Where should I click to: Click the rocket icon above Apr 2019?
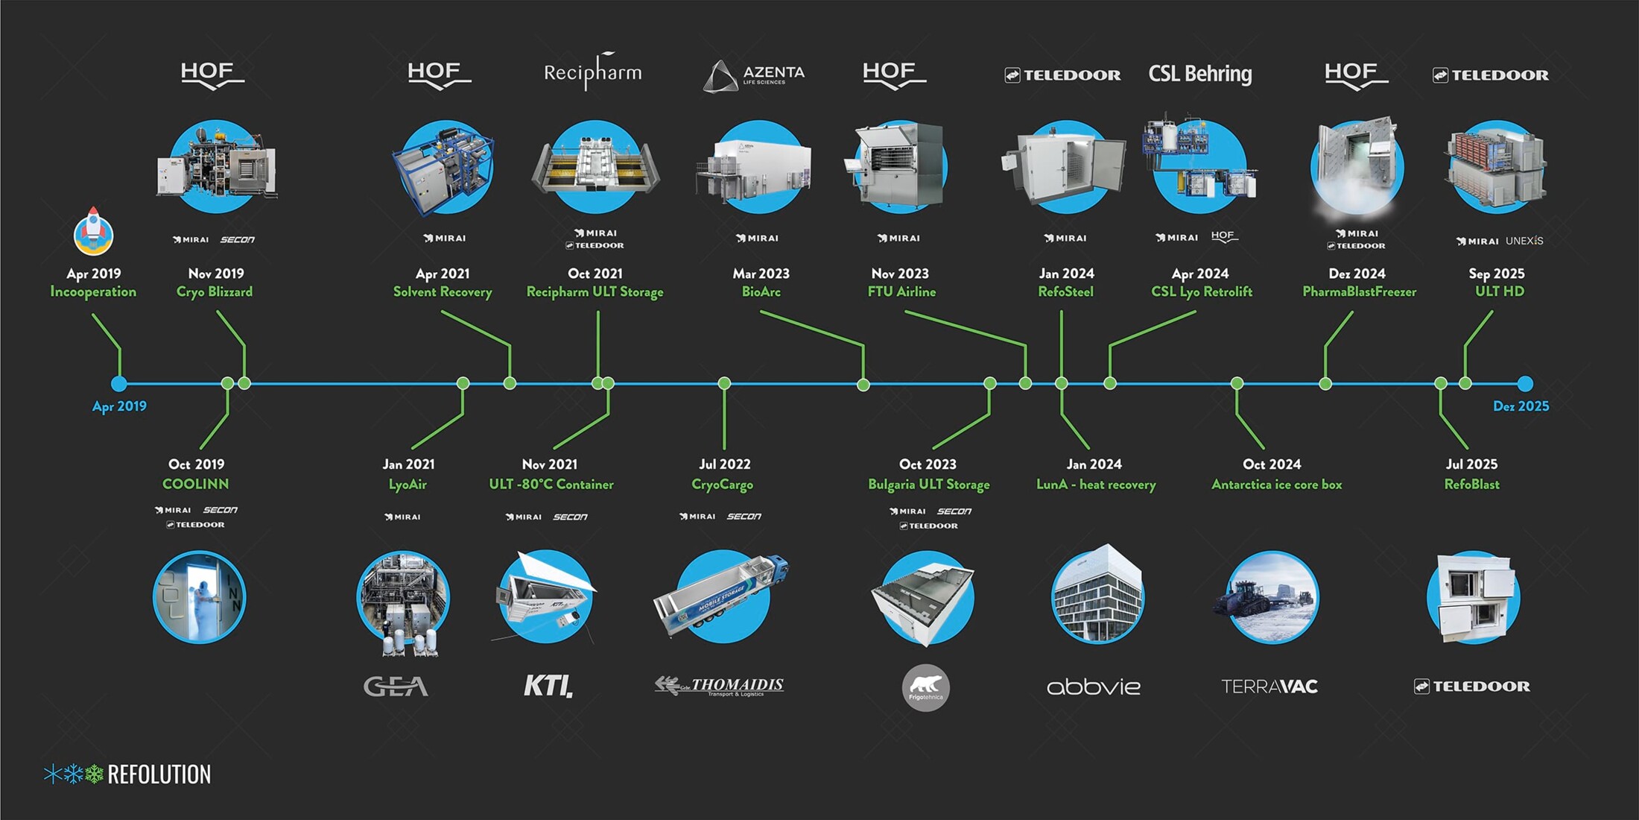[x=93, y=230]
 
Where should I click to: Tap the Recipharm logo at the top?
[x=592, y=72]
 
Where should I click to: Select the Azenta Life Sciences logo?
[x=754, y=75]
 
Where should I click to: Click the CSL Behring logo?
[x=1199, y=74]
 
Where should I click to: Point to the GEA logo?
[x=396, y=686]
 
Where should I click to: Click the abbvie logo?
[x=1093, y=687]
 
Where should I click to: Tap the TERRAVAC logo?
[x=1269, y=686]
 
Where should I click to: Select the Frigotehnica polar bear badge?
[x=925, y=687]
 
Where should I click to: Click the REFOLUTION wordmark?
[x=159, y=775]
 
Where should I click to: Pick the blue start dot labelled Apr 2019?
[x=118, y=384]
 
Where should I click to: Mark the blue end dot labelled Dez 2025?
[x=1525, y=384]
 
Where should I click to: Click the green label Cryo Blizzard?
[x=215, y=291]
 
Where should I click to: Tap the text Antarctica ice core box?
[x=1276, y=485]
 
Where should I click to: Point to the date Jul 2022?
[x=724, y=464]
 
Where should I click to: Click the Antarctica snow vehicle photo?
[x=1271, y=597]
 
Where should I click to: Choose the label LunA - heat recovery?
[x=1096, y=485]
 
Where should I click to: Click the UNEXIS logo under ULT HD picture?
[x=1524, y=241]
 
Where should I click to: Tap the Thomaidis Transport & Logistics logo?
[x=720, y=686]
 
